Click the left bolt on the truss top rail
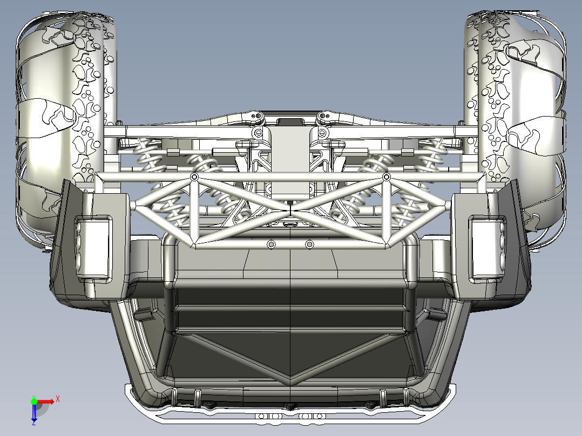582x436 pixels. coord(194,177)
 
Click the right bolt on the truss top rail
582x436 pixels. coord(386,177)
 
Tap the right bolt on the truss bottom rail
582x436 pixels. coord(309,244)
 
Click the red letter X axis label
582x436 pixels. coord(57,399)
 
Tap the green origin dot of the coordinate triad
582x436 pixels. coord(34,401)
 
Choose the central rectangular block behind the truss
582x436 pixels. coord(290,162)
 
